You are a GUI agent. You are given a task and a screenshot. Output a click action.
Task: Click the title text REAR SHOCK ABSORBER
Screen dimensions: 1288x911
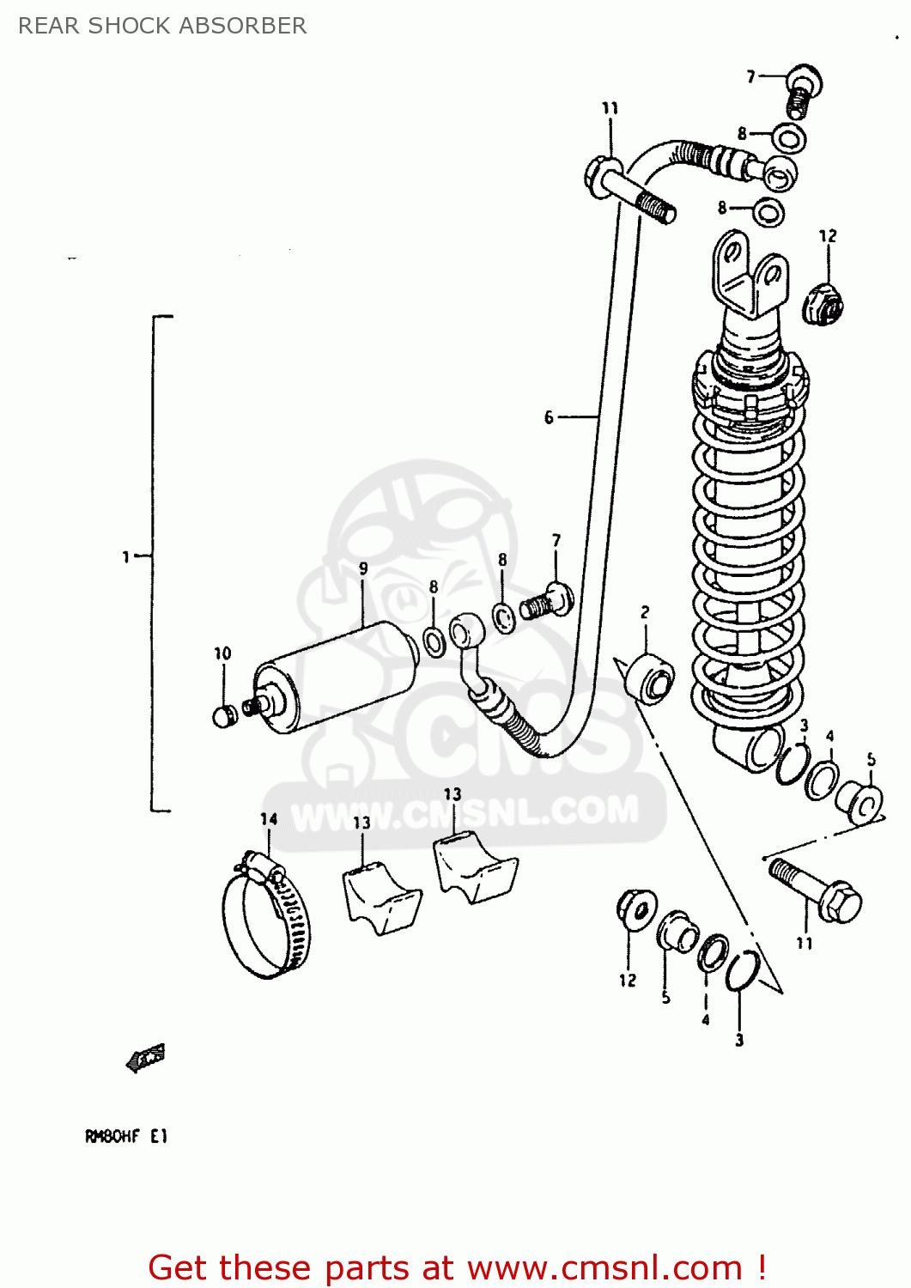[162, 26]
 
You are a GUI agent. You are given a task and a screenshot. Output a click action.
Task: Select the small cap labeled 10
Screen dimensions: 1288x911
[223, 716]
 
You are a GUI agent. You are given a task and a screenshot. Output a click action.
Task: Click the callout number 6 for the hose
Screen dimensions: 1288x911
[549, 417]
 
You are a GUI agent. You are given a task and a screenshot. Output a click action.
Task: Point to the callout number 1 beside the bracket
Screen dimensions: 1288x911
[125, 557]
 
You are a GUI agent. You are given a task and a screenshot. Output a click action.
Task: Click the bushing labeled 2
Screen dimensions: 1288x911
[650, 678]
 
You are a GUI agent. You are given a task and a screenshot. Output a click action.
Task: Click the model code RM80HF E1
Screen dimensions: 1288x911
[126, 1136]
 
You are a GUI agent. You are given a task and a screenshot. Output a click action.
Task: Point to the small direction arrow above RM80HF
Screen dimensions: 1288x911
[145, 1058]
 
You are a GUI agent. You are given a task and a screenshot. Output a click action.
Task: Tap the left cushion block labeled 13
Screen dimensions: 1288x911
[381, 898]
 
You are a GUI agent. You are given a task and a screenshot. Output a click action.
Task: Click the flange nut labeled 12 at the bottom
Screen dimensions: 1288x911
[635, 909]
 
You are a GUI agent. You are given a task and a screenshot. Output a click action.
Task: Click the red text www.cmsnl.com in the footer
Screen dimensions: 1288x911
[604, 1267]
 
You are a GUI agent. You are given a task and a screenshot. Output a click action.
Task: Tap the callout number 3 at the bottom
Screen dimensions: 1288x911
[739, 1040]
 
